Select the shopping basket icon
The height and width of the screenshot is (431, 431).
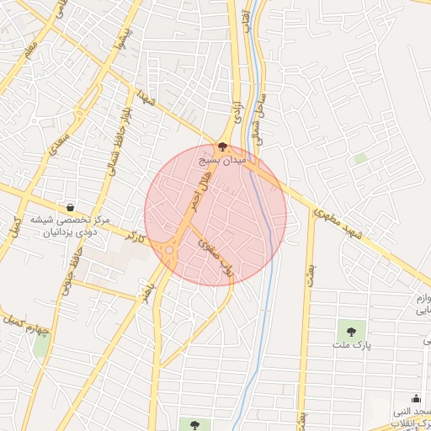pyautogui.click(x=70, y=207)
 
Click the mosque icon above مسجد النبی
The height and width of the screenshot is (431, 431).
pyautogui.click(x=415, y=399)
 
